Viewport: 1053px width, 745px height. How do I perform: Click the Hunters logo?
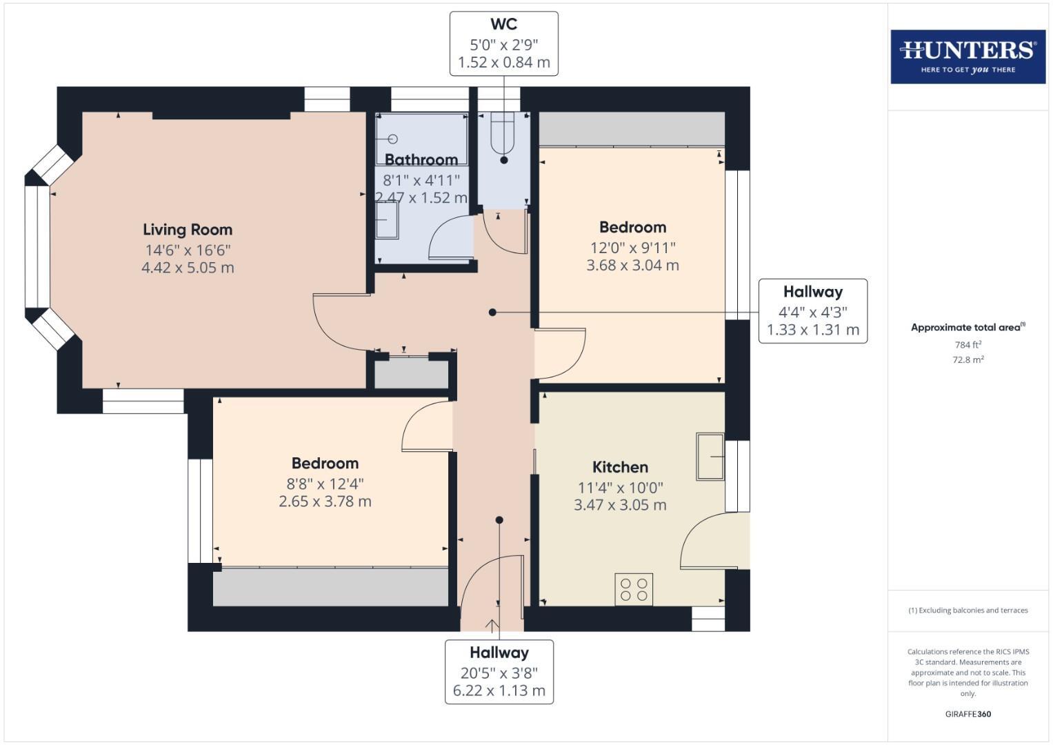point(967,57)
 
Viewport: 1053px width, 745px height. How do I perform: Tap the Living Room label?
point(188,230)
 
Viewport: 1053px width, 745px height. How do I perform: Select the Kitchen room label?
point(620,467)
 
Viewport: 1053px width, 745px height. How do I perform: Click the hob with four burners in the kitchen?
point(634,590)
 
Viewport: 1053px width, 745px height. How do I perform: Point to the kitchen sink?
point(710,457)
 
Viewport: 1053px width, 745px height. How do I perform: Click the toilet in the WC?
point(503,134)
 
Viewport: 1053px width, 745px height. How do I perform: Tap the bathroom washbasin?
point(387,222)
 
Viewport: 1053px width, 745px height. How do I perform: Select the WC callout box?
point(503,43)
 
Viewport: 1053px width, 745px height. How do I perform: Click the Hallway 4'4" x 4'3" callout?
point(812,311)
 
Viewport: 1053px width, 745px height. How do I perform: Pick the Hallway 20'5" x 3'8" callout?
point(499,671)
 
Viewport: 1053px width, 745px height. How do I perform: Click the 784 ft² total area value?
point(967,345)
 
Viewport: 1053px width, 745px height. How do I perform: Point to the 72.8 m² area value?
point(967,359)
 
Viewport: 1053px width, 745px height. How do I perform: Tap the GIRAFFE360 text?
point(967,714)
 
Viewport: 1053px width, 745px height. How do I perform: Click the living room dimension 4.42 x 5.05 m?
point(188,268)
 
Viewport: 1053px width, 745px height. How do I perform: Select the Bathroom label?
point(421,160)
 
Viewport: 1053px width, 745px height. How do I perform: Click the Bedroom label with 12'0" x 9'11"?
point(632,228)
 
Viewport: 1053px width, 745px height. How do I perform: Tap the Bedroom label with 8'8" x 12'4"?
point(325,464)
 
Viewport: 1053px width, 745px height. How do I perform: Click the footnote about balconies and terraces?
point(967,610)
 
